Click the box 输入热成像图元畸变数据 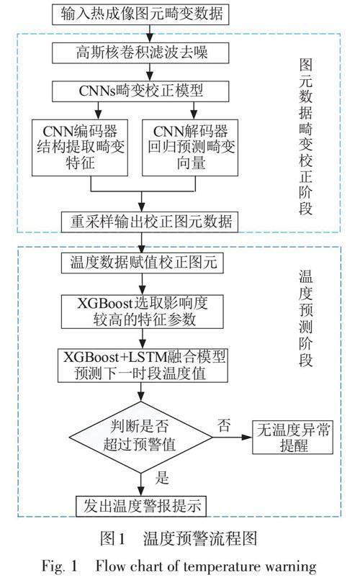140,14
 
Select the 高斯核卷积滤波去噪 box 140,53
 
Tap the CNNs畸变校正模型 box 140,91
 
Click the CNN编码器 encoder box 80,148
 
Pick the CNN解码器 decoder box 190,148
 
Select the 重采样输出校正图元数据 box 150,222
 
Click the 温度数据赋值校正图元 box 143,263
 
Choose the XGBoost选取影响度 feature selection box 143,312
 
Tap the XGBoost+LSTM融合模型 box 143,366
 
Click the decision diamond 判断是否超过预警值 140,438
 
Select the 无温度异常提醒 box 292,438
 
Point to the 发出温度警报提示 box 141,506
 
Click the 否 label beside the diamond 224,425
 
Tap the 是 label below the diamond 163,478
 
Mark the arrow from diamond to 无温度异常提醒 233,438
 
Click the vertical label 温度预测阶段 306,318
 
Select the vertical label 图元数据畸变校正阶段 306,137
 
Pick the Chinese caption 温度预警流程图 199,538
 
